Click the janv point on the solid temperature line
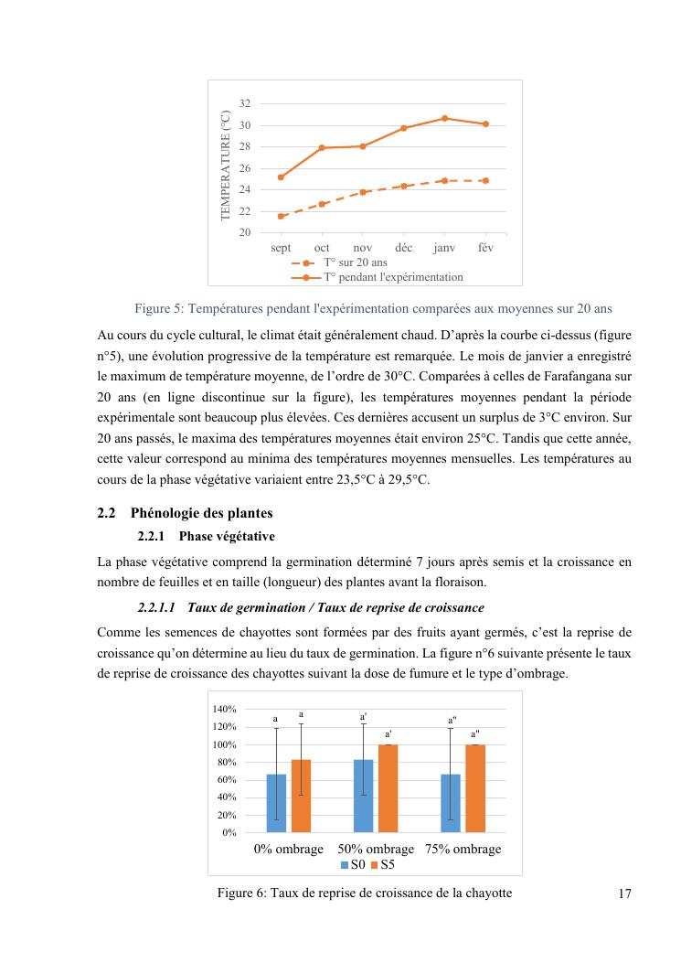[x=444, y=118]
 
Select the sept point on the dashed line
[x=281, y=217]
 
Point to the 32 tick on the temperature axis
[x=244, y=104]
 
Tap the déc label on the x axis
[x=403, y=248]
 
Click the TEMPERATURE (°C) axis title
[x=226, y=165]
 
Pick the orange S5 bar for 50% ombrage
[x=388, y=788]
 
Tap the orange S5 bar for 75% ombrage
[x=475, y=788]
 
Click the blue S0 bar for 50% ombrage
[x=363, y=796]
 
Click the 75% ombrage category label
[x=463, y=849]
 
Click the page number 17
[x=625, y=894]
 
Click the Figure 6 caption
[x=364, y=893]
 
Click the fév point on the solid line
[x=485, y=123]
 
